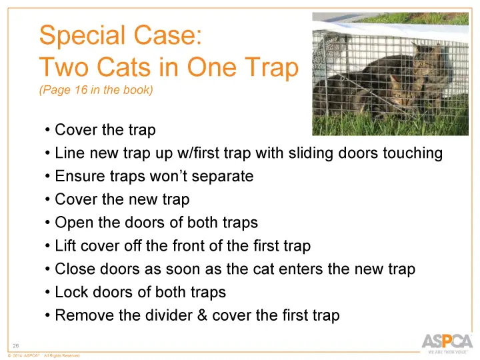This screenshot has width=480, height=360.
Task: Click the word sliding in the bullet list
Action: click(x=311, y=153)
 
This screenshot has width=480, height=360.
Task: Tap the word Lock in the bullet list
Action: click(x=70, y=293)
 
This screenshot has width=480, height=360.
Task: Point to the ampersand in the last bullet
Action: click(x=203, y=315)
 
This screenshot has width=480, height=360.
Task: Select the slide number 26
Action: click(x=17, y=345)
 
